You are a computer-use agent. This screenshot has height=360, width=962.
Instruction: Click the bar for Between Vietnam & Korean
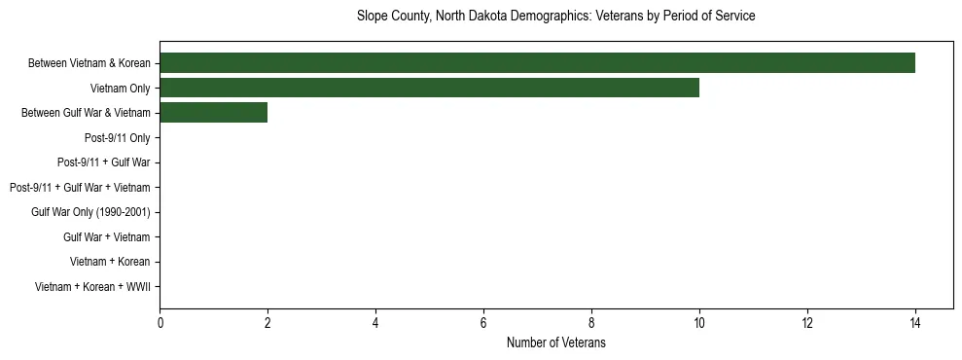pyautogui.click(x=537, y=63)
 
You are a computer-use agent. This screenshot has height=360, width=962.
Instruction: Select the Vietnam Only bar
pyautogui.click(x=429, y=89)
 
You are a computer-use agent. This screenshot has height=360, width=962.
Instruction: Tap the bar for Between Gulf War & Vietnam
pyautogui.click(x=213, y=113)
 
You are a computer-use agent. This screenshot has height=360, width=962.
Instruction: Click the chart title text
pyautogui.click(x=555, y=17)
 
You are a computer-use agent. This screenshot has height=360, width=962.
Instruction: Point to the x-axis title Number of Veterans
pyautogui.click(x=555, y=342)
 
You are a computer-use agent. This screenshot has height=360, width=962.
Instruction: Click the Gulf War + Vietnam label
pyautogui.click(x=107, y=236)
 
